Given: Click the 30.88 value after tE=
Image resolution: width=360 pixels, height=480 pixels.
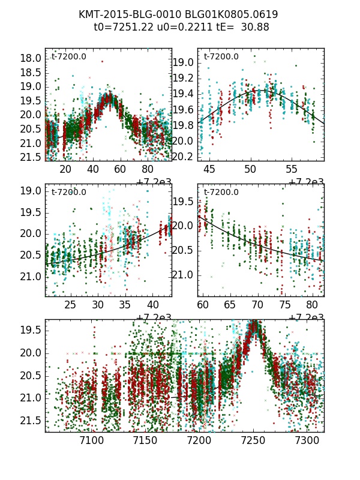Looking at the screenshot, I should (254, 27).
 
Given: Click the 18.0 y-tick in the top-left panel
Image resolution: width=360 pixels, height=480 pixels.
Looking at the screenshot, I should (31, 58).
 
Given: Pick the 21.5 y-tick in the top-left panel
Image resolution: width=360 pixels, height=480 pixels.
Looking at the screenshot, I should (31, 157).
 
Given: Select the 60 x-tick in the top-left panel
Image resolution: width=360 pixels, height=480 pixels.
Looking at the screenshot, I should (120, 170).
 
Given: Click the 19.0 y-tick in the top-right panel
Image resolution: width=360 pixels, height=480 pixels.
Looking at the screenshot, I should (183, 63).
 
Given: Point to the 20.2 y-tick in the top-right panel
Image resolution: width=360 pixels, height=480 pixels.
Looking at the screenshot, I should (183, 157).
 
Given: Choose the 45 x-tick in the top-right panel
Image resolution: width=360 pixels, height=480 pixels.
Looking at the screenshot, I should (209, 170).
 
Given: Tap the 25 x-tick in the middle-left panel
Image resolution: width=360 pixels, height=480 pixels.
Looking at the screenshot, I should (70, 305).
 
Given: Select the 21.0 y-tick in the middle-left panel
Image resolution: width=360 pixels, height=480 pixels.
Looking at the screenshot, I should (31, 277).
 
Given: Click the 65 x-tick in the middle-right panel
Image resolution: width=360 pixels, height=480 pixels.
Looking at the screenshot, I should (230, 305).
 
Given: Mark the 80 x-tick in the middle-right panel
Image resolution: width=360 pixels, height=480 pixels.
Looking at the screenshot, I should (311, 305).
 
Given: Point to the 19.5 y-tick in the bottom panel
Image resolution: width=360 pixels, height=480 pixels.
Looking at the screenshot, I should (31, 330).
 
